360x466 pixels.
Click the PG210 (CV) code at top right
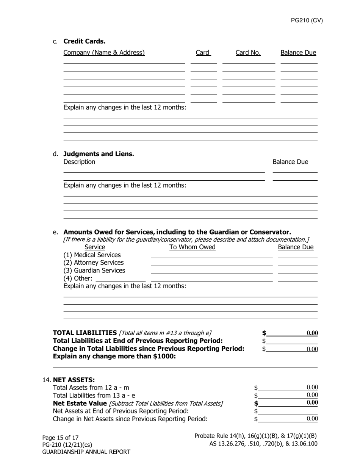tap(307, 21)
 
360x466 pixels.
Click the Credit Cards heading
tap(84, 41)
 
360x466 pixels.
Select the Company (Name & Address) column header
tap(104, 53)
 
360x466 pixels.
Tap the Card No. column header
tap(248, 53)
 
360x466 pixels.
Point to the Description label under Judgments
tap(79, 162)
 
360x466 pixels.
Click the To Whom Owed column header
tap(192, 247)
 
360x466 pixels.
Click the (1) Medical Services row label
tap(92, 255)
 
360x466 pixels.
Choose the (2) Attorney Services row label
tap(93, 263)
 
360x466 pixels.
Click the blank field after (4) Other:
tap(121, 278)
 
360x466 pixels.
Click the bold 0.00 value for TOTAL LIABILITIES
tap(312, 333)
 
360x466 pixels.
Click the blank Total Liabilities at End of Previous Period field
tap(292, 341)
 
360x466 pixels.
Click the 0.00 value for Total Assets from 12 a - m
tap(312, 387)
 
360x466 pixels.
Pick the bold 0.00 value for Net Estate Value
tap(312, 403)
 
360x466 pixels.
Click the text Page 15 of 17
tap(60, 438)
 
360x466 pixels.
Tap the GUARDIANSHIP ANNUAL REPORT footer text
tap(86, 452)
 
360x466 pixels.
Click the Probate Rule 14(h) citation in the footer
tap(255, 436)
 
